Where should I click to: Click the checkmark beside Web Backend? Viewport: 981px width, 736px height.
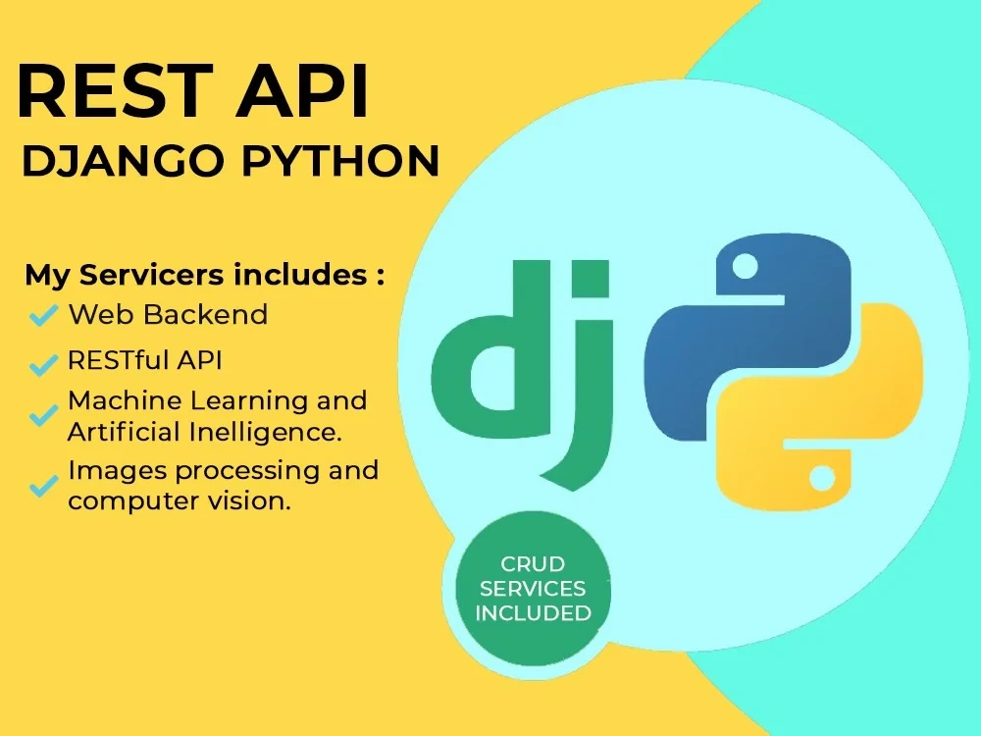(x=42, y=316)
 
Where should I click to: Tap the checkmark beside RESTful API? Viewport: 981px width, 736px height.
(x=42, y=365)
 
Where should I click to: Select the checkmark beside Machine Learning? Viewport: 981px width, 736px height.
(x=42, y=416)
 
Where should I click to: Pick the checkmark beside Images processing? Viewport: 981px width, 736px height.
(x=42, y=485)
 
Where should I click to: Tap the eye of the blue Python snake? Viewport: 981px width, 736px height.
(x=746, y=265)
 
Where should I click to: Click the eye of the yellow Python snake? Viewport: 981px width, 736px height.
(x=822, y=478)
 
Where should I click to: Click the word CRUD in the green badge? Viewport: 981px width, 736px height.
(x=533, y=564)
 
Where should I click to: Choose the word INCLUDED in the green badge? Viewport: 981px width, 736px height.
(x=533, y=614)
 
